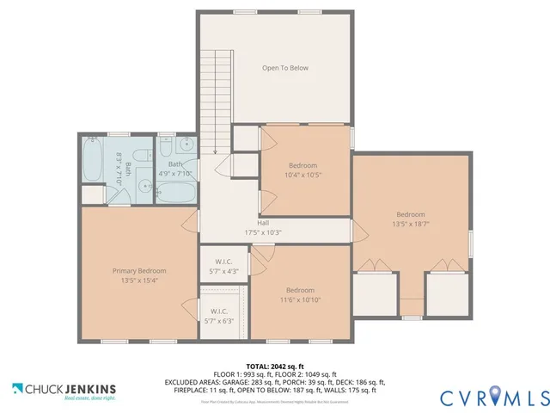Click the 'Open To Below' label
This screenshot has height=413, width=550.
tap(284, 68)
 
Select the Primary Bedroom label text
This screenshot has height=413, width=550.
tap(138, 275)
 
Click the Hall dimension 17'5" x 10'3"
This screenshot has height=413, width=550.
tap(251, 232)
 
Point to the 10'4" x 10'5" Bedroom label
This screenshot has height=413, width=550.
tap(302, 170)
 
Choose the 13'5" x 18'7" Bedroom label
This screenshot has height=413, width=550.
tap(410, 220)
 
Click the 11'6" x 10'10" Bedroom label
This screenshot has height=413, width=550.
tap(300, 295)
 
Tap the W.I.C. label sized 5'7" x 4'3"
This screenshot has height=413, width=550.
tap(224, 267)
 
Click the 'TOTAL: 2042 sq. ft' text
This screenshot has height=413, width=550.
tap(275, 366)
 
